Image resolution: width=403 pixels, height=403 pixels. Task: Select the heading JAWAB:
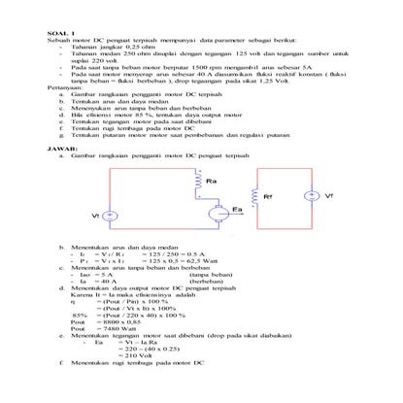coord(60,150)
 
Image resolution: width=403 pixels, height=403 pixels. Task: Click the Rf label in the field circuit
coord(268,197)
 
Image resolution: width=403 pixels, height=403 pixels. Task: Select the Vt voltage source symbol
coord(110,215)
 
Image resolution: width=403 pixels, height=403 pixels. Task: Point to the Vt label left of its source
coord(94,215)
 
